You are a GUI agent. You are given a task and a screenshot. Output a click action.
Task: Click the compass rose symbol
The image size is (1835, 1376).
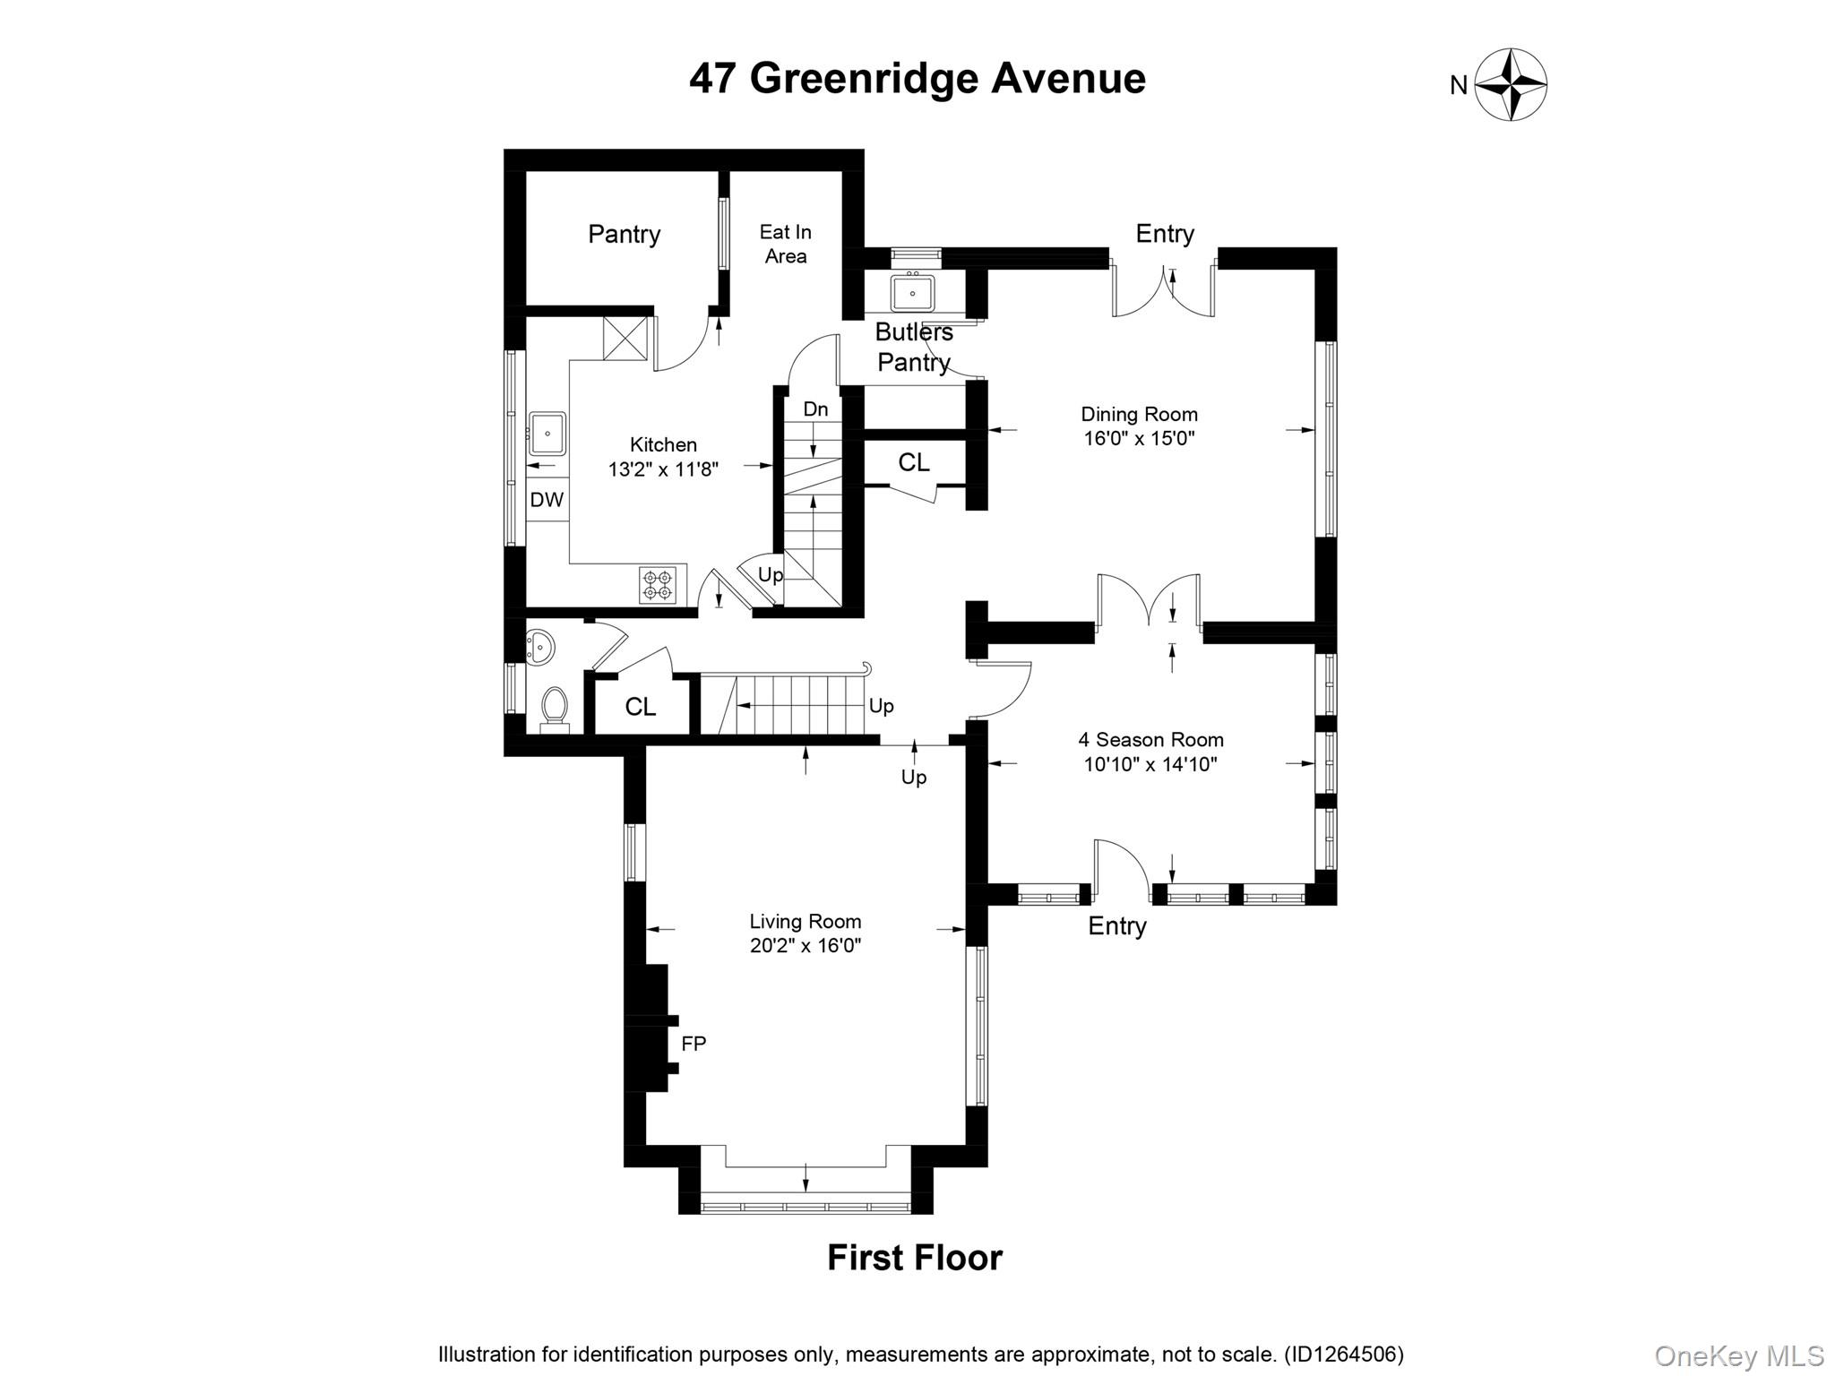[1511, 85]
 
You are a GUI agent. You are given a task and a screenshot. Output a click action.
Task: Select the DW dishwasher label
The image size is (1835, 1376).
[547, 500]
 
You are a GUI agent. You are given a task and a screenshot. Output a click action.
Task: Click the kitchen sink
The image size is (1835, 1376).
[547, 434]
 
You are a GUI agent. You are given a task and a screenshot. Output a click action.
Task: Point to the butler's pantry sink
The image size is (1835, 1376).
[912, 292]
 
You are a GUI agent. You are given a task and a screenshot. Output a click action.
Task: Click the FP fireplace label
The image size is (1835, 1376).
[694, 1044]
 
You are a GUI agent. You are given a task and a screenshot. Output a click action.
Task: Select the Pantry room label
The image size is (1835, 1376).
[624, 235]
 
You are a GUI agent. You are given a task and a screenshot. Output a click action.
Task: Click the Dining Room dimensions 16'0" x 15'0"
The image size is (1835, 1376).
[1139, 439]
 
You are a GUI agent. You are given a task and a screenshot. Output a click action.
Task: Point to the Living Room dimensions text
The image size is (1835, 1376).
[805, 946]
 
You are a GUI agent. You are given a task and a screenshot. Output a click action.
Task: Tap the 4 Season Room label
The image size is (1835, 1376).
[1150, 740]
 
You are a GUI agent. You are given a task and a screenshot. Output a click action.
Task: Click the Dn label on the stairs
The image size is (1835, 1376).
[815, 409]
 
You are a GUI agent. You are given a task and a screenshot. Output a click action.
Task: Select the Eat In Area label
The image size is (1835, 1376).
[785, 244]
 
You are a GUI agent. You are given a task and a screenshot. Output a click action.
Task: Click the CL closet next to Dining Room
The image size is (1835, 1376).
[913, 462]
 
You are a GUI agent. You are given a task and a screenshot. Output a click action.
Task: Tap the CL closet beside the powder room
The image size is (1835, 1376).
[640, 707]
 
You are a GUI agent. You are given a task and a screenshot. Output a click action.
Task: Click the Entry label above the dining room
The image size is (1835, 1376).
[1164, 234]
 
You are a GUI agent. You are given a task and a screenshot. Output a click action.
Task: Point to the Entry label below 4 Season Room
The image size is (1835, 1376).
[1116, 926]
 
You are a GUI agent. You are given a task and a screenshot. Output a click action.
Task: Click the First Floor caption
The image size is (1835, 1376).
[914, 1258]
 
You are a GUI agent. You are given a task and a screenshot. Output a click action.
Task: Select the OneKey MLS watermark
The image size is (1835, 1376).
[1738, 1356]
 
